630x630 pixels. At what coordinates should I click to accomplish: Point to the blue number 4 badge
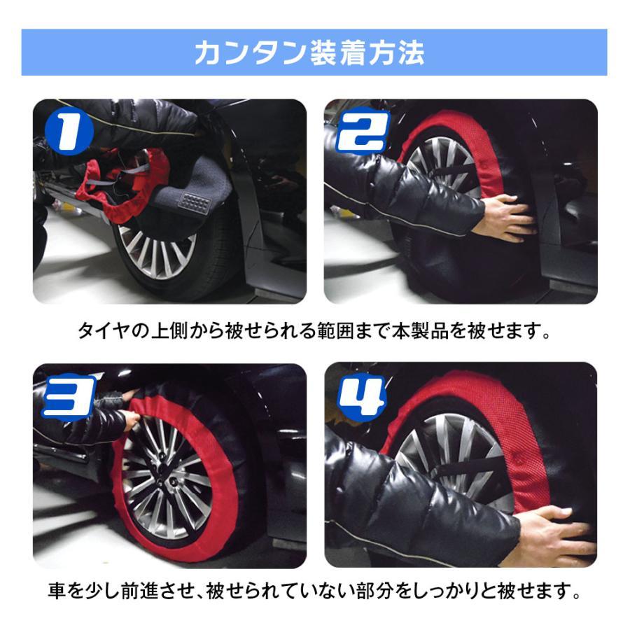[x=362, y=397]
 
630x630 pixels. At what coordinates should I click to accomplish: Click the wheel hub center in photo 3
[x=165, y=476]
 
